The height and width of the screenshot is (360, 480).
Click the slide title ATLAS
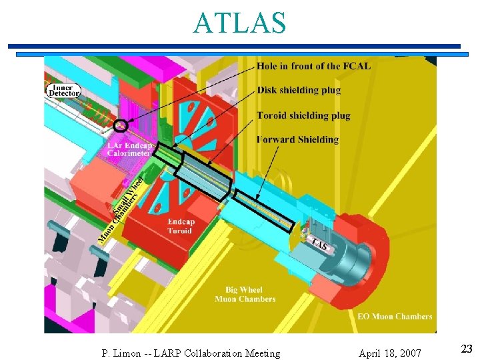pos(240,23)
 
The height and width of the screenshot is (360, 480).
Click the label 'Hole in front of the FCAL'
pos(313,66)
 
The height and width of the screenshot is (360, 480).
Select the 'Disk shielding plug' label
pos(299,91)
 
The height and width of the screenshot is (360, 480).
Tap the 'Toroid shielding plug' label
pos(303,115)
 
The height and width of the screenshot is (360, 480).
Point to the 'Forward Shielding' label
pos(297,139)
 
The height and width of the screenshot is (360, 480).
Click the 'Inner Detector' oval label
pos(64,90)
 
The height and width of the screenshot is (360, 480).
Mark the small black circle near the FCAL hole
pos(121,125)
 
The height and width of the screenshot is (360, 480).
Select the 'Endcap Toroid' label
pos(179,227)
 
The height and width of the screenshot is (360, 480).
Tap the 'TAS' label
pos(319,245)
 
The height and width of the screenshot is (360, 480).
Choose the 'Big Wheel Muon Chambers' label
pos(245,295)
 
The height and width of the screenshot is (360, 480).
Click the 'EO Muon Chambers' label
pos(395,317)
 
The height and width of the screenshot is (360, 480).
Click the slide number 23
pos(467,348)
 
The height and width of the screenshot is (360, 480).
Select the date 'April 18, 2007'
pos(389,353)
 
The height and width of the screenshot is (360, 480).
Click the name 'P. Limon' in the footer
pos(122,353)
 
